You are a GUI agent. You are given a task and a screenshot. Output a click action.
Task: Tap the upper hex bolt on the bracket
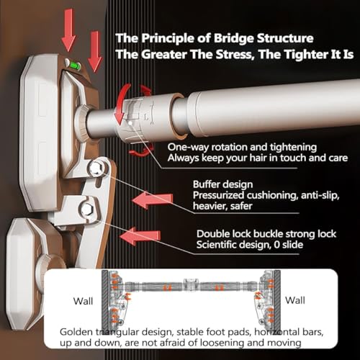pos(96,168)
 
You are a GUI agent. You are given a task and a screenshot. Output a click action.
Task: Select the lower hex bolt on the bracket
pos(86,210)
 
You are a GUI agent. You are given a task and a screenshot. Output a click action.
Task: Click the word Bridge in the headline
pos(233,38)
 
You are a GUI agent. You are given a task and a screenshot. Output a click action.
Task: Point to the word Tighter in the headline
pos(305,55)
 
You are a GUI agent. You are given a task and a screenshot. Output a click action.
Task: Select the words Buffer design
pos(222,184)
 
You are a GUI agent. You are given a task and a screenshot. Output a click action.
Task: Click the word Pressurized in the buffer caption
pos(218,195)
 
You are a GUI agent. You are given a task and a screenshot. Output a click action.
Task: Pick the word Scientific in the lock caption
pos(217,245)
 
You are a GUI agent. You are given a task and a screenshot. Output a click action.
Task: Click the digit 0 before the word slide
pos(277,245)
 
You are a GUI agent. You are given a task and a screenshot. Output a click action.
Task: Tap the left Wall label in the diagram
pos(83,301)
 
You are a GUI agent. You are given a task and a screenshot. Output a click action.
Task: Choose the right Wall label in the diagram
pos(295,300)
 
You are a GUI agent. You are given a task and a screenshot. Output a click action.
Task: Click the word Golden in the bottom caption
pos(76,332)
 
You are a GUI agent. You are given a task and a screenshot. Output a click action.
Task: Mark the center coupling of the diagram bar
pos(191,285)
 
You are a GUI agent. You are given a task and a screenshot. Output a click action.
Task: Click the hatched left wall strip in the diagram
pos(105,300)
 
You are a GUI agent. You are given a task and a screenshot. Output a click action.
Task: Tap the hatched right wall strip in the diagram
pos(277,300)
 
